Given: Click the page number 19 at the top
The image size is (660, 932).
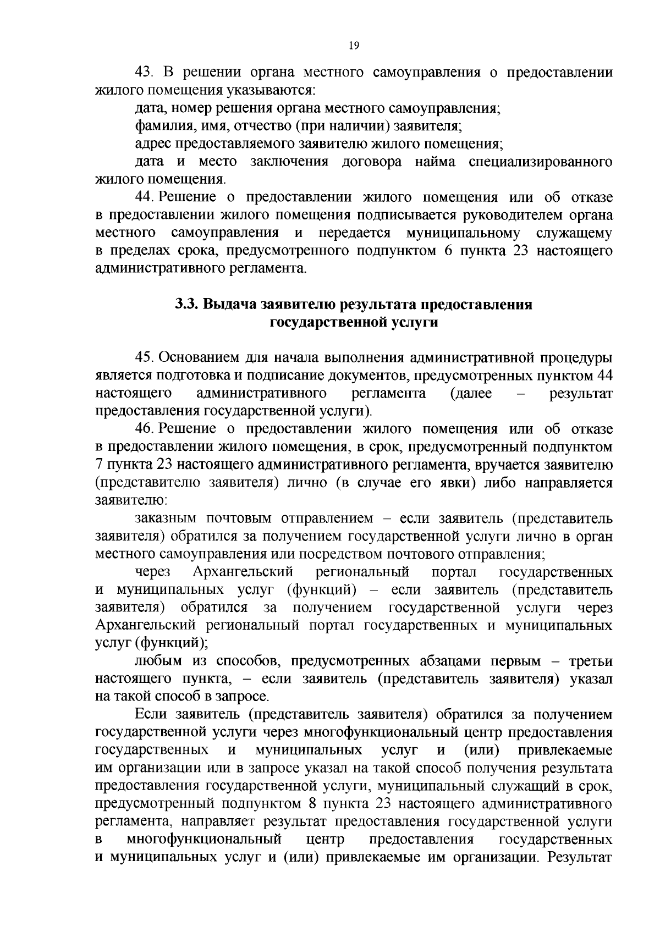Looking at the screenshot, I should [354, 46].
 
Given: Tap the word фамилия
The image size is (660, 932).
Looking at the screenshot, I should [157, 126].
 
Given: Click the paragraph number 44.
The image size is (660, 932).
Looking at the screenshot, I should [146, 197].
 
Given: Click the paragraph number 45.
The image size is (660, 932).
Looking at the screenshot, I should [146, 358].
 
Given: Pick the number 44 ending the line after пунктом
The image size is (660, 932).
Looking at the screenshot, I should [604, 376].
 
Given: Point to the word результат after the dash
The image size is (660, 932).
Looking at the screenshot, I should [581, 394].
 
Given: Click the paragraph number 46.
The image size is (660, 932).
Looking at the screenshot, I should [146, 429].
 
